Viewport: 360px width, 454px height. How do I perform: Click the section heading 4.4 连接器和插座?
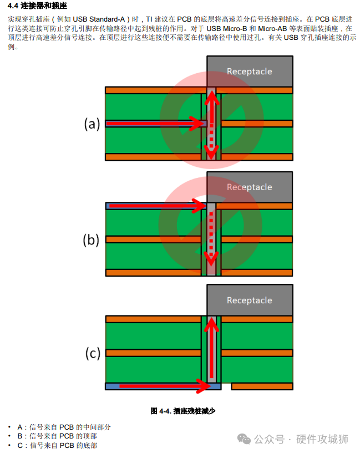click(x=37, y=6)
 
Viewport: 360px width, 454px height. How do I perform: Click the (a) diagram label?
click(x=92, y=124)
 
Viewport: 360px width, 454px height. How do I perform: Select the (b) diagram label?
click(x=91, y=240)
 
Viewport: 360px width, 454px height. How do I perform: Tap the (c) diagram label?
click(x=93, y=353)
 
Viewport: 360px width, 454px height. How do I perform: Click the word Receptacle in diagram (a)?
click(x=250, y=71)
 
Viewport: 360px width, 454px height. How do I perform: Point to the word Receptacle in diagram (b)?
click(x=250, y=187)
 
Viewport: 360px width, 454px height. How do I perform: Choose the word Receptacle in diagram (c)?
click(x=250, y=300)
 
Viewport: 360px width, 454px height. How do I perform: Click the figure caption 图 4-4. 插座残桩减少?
click(x=182, y=411)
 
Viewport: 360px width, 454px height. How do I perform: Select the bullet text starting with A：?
click(x=64, y=427)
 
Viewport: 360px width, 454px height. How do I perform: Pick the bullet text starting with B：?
click(x=57, y=436)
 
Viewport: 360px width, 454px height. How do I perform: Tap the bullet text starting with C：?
click(x=57, y=445)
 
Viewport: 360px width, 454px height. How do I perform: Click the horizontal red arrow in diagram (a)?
click(x=155, y=124)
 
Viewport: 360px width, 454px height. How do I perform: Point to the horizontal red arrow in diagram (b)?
click(x=158, y=206)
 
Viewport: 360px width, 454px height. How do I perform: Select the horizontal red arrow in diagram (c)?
click(x=165, y=386)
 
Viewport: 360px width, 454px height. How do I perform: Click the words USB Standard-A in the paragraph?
click(x=99, y=19)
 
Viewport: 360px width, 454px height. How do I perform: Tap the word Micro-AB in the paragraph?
click(x=272, y=28)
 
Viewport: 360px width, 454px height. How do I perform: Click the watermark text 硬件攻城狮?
click(x=322, y=439)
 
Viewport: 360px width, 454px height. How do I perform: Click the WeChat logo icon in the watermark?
click(x=244, y=439)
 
